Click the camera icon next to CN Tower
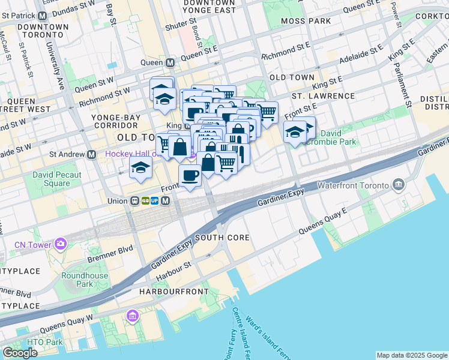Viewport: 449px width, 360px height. pyautogui.click(x=60, y=243)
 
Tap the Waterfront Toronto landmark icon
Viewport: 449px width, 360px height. pyautogui.click(x=398, y=184)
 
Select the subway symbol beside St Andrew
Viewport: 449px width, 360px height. pyautogui.click(x=92, y=154)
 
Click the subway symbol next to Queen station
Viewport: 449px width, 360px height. pyautogui.click(x=170, y=62)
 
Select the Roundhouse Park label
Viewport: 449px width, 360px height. pyautogui.click(x=85, y=280)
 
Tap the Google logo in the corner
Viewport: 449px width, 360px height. pyautogui.click(x=20, y=353)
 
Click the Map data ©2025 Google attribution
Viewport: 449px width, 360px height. pyautogui.click(x=411, y=355)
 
